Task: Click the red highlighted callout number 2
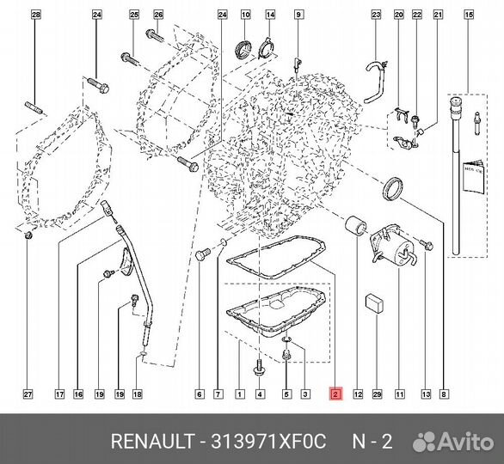click(x=336, y=394)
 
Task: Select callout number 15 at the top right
click(x=468, y=15)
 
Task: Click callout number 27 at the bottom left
click(x=28, y=394)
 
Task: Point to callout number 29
click(x=376, y=394)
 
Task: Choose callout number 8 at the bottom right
click(x=443, y=394)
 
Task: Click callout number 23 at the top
click(x=376, y=15)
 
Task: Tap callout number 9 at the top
click(x=298, y=15)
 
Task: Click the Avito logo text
click(x=460, y=443)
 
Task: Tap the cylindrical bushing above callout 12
click(x=355, y=226)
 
